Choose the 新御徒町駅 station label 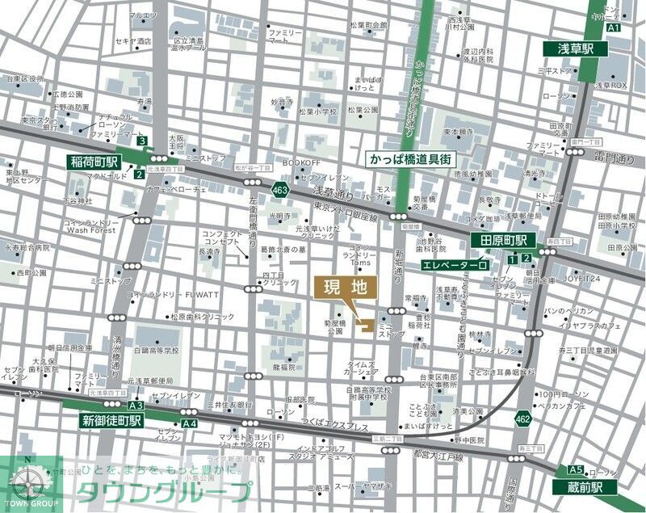pos(111,420)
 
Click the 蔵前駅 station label pos(585,486)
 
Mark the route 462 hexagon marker pos(522,418)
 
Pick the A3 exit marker pos(136,406)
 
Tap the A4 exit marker pos(189,423)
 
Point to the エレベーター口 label pos(455,264)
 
